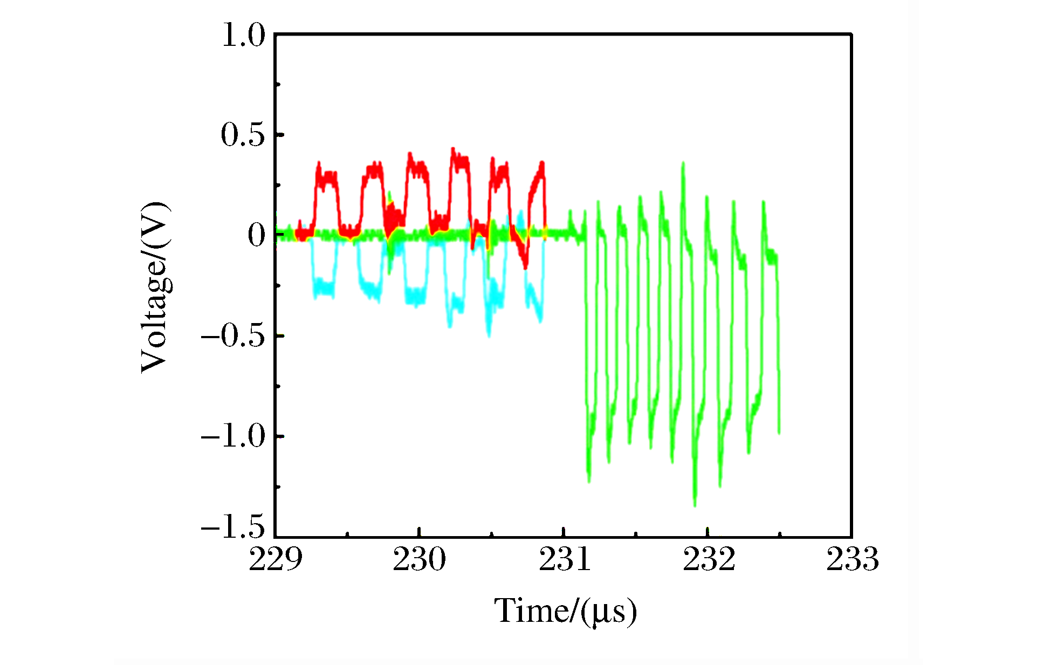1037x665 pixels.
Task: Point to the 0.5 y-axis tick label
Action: coord(243,135)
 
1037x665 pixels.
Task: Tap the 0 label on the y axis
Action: coord(257,235)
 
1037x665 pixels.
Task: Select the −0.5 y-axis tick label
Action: coord(234,336)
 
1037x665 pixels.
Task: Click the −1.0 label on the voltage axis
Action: coord(234,436)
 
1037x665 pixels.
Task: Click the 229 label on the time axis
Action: coord(275,559)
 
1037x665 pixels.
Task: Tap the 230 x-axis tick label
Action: coord(419,559)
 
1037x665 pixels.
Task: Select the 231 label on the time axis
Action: coord(565,559)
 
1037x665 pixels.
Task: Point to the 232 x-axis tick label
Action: coord(709,559)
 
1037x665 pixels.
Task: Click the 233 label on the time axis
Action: coord(853,559)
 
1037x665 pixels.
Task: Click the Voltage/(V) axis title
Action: coord(155,287)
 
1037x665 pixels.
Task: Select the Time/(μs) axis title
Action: coord(566,612)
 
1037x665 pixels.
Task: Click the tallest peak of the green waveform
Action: coord(683,163)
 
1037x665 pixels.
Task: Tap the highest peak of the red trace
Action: coord(453,149)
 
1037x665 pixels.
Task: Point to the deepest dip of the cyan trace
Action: coord(489,336)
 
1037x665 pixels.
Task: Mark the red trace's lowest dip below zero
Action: coord(525,267)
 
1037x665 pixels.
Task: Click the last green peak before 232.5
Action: coord(763,202)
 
